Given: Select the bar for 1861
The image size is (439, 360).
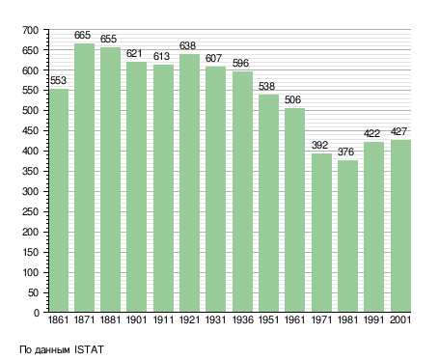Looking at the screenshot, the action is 59,200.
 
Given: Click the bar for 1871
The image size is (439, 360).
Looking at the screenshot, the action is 84,178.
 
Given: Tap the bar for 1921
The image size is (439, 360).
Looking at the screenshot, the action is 189,183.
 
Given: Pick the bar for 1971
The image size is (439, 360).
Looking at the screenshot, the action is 321,233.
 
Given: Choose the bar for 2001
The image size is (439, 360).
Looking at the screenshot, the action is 400,226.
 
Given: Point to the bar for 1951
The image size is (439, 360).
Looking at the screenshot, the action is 268,203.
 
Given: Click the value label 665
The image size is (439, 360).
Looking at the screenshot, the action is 82,35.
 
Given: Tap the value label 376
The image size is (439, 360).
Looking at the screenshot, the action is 345,152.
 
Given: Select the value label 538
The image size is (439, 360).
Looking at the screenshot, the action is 266,86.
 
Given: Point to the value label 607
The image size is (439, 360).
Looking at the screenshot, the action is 213,58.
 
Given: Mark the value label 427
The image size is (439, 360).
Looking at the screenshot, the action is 398,131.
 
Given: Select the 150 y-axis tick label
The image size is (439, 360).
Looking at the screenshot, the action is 30,253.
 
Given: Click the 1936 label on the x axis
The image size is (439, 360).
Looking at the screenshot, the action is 242,319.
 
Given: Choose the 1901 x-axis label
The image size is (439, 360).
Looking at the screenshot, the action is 136,319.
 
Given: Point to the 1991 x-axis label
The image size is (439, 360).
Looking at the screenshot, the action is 374,319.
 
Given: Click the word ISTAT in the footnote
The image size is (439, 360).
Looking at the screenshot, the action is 89,349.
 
